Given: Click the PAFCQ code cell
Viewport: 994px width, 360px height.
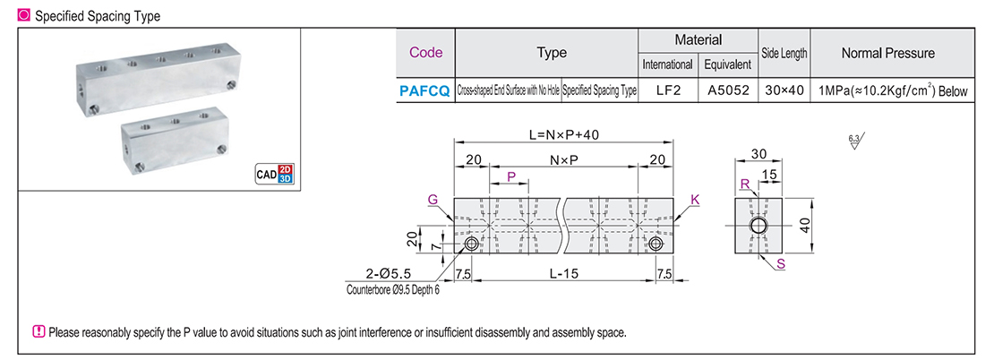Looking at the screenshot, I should (x=425, y=90).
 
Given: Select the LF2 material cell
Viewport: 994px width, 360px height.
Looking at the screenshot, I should (x=667, y=90).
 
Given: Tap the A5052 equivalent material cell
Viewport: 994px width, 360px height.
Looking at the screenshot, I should (x=727, y=90).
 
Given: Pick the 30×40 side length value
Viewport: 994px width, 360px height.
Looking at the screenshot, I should (x=784, y=90).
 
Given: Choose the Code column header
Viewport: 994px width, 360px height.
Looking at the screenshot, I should (x=425, y=53).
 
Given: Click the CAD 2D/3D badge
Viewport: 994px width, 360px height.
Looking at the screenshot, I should (x=273, y=174).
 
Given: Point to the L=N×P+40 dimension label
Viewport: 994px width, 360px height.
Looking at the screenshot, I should (x=563, y=134).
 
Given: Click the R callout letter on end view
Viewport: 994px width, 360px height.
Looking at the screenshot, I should (x=744, y=184).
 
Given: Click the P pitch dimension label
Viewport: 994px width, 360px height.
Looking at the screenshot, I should (x=511, y=177).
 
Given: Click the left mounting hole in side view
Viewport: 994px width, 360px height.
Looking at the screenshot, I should (x=470, y=244).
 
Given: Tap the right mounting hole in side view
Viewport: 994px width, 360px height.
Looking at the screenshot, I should (x=656, y=244).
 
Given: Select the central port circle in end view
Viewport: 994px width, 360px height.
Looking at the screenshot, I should (x=758, y=225).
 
